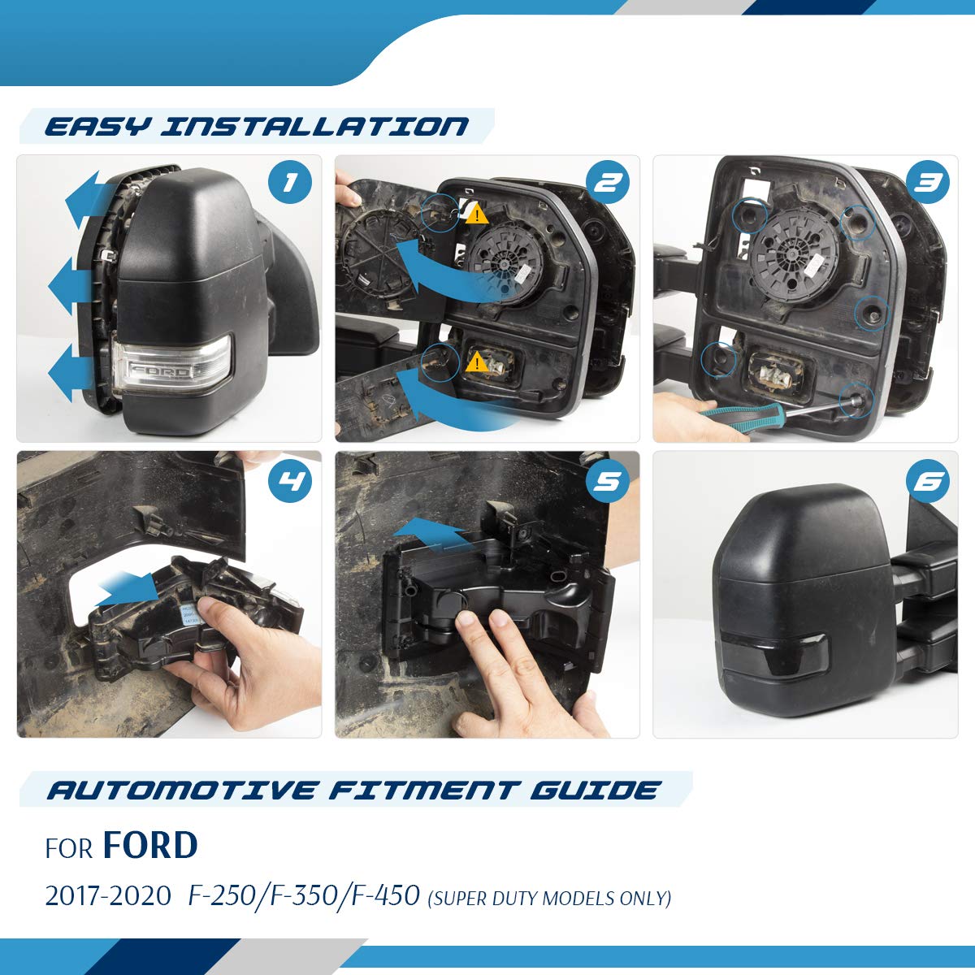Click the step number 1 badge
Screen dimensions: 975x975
tap(289, 182)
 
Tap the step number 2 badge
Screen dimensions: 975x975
tap(608, 182)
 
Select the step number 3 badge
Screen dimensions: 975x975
tap(928, 182)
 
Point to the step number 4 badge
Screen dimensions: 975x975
tap(289, 481)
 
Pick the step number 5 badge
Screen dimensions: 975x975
tap(608, 481)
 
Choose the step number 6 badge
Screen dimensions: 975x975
tap(928, 481)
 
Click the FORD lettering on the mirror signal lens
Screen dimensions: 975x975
tap(160, 372)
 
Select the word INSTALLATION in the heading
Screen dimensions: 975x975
tap(314, 127)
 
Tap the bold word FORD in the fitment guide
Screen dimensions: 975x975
tap(150, 845)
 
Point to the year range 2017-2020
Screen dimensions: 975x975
tap(108, 896)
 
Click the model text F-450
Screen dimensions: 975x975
tap(386, 895)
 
